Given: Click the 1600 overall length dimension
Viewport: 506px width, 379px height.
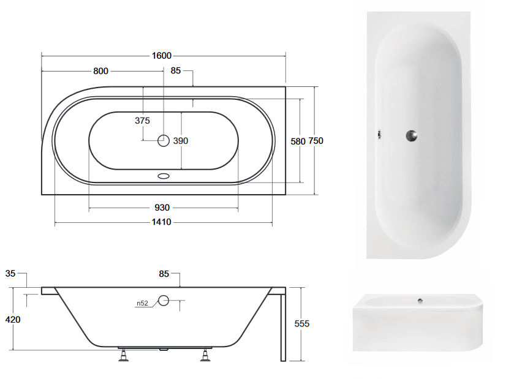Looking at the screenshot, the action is [162, 56].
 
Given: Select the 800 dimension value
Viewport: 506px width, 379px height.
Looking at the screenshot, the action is [100, 71].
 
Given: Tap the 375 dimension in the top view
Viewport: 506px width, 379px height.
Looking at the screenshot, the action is [142, 121].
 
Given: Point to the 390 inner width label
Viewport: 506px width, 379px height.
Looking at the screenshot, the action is [180, 141].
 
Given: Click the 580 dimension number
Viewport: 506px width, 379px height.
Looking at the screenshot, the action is [298, 141].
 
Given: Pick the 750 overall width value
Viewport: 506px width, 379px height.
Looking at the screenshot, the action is [315, 141].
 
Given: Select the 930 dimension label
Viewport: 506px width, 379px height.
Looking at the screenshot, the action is [162, 208].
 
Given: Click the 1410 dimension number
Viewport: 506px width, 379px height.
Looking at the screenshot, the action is [162, 222].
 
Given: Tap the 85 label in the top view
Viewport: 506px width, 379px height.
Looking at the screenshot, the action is [176, 70].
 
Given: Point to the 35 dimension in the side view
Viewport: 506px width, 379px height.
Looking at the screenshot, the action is [10, 274].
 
